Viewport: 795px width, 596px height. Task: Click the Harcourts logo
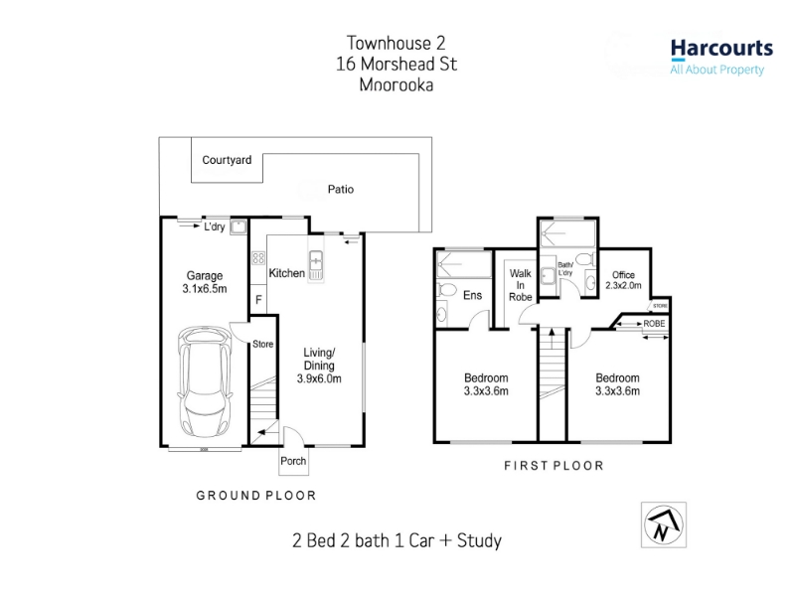click(x=721, y=58)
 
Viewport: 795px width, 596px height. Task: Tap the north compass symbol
click(x=663, y=525)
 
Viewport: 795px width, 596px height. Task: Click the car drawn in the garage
click(x=205, y=381)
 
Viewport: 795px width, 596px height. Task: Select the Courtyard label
click(x=227, y=160)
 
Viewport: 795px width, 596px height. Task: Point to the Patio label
click(x=341, y=189)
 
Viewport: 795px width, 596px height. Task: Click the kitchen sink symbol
click(x=315, y=265)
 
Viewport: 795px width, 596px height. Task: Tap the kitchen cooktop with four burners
click(x=258, y=258)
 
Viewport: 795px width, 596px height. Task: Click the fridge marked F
click(x=258, y=300)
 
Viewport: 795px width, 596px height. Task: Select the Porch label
click(x=293, y=461)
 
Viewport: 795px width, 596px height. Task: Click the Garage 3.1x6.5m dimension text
click(x=205, y=282)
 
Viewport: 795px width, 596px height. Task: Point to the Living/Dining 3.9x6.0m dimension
click(x=319, y=366)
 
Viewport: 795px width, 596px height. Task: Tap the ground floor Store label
click(x=262, y=344)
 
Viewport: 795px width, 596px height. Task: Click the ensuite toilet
click(x=446, y=290)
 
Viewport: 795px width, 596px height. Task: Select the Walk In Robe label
click(x=520, y=285)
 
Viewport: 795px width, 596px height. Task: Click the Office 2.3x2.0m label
click(x=623, y=280)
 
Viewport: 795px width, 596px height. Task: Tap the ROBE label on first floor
click(x=654, y=324)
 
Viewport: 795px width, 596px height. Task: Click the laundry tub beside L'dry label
click(x=238, y=226)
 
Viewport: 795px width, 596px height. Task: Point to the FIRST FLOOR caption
click(x=554, y=465)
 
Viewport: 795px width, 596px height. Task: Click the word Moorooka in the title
click(x=397, y=84)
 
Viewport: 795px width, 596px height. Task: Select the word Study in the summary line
click(x=479, y=540)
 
